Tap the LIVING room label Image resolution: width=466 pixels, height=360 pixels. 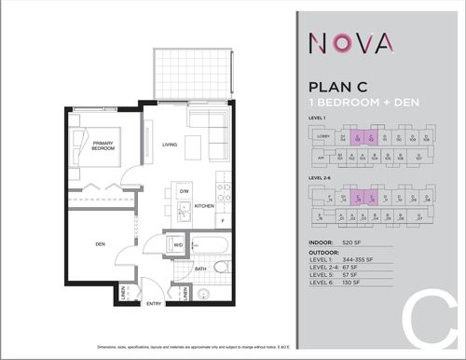(x=170, y=145)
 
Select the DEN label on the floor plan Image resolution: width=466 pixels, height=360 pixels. (x=99, y=246)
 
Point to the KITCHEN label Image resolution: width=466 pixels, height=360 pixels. (x=203, y=207)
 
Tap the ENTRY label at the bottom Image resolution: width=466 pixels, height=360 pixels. (x=155, y=304)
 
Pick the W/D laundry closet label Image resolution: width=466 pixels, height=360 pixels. (x=178, y=245)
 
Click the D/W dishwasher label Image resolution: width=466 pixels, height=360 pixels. (x=185, y=190)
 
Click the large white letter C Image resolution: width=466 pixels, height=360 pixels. (x=425, y=321)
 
